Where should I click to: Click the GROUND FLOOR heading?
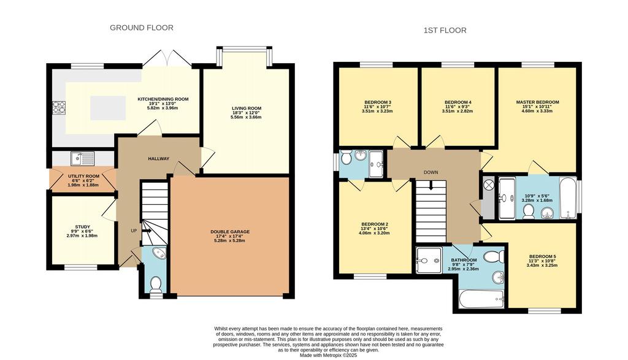pyautogui.click(x=142, y=28)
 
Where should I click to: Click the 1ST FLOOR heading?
pyautogui.click(x=445, y=31)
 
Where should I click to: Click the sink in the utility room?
pyautogui.click(x=83, y=158)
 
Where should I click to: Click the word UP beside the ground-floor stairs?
pyautogui.click(x=134, y=231)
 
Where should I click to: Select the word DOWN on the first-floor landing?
pyautogui.click(x=431, y=172)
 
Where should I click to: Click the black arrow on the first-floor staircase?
pyautogui.click(x=431, y=185)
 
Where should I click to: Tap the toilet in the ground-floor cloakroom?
pyautogui.click(x=155, y=285)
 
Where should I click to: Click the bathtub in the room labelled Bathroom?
pyautogui.click(x=481, y=299)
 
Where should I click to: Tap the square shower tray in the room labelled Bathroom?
pyautogui.click(x=429, y=260)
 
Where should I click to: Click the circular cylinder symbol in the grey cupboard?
pyautogui.click(x=488, y=185)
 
